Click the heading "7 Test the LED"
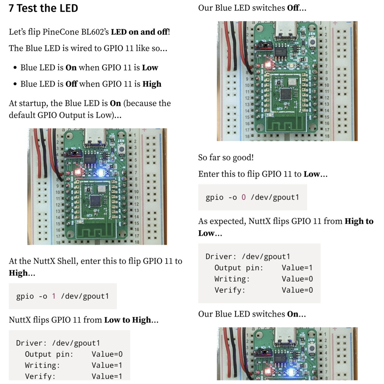[x=43, y=8]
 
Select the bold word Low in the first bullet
[x=150, y=67]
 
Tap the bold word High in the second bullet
[x=152, y=84]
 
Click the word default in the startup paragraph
[x=22, y=115]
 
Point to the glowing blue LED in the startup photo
[x=100, y=173]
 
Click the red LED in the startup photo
[x=78, y=172]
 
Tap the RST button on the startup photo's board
[x=121, y=149]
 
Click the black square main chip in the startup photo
[x=96, y=200]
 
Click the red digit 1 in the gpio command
[x=54, y=296]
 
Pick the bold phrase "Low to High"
[x=127, y=320]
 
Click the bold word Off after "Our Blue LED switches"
[x=293, y=8]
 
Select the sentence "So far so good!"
[x=226, y=157]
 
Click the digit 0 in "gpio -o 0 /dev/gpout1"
[x=244, y=197]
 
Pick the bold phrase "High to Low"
[x=358, y=221]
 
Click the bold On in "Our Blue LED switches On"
[x=292, y=314]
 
